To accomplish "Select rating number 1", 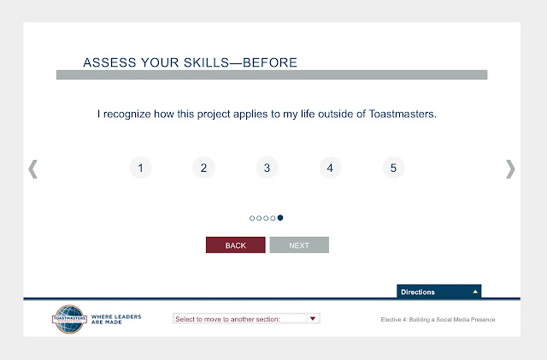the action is pyautogui.click(x=140, y=168).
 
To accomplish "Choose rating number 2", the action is pyautogui.click(x=203, y=168).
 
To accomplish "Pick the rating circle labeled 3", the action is pyautogui.click(x=267, y=168).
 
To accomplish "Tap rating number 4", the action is pyautogui.click(x=330, y=168).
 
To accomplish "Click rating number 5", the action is pyautogui.click(x=393, y=168).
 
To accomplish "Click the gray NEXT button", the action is pyautogui.click(x=299, y=245).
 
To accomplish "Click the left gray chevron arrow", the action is pyautogui.click(x=32, y=169).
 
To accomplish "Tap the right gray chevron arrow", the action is pyautogui.click(x=510, y=169).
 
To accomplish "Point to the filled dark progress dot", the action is pyautogui.click(x=280, y=218).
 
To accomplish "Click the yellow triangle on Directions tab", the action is pyautogui.click(x=475, y=292).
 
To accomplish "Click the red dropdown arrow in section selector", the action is pyautogui.click(x=313, y=318).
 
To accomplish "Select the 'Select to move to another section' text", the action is pyautogui.click(x=227, y=319).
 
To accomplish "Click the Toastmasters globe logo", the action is pyautogui.click(x=69, y=319).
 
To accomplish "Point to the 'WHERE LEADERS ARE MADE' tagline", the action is pyautogui.click(x=116, y=320).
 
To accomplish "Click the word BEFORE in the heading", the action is pyautogui.click(x=270, y=62).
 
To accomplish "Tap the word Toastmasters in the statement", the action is pyautogui.click(x=403, y=114).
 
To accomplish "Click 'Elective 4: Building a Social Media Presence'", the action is pyautogui.click(x=438, y=320).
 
